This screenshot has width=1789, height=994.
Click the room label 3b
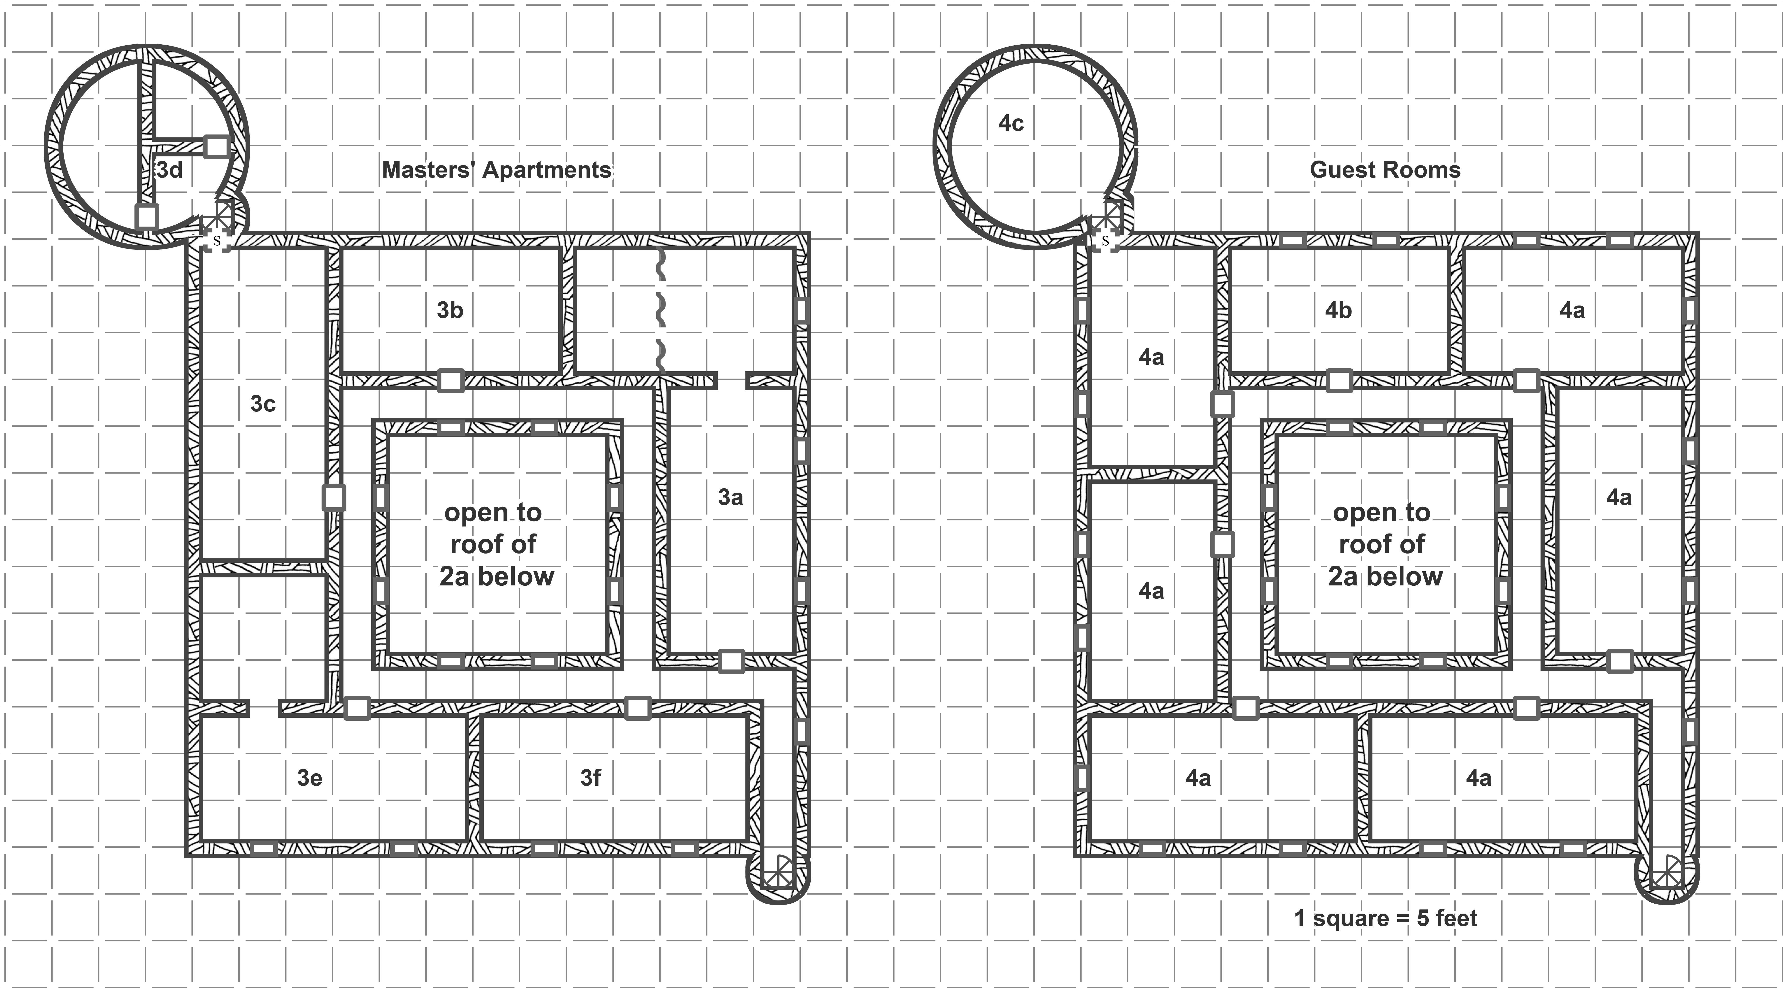pyautogui.click(x=450, y=310)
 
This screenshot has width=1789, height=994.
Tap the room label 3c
pyautogui.click(x=263, y=404)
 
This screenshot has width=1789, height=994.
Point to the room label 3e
pyautogui.click(x=310, y=778)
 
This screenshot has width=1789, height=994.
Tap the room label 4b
pyautogui.click(x=1338, y=310)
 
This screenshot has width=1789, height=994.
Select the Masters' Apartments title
pyautogui.click(x=496, y=170)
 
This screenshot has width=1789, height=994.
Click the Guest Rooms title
pyautogui.click(x=1385, y=170)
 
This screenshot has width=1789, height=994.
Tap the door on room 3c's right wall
pyautogui.click(x=334, y=497)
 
